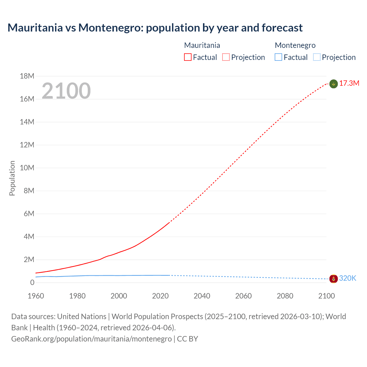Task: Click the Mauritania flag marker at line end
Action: [333, 84]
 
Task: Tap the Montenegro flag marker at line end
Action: [333, 278]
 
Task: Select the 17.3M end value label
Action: [349, 83]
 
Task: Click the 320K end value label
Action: [348, 278]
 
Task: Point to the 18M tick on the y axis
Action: [27, 76]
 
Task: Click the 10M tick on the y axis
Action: [27, 168]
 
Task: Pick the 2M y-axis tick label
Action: [29, 259]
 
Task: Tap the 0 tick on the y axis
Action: [32, 282]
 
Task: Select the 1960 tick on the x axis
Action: [36, 296]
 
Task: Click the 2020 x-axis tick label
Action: [160, 296]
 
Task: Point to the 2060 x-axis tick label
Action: [243, 296]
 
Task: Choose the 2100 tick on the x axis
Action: [326, 296]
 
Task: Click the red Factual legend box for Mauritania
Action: [188, 57]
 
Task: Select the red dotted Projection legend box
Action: [226, 57]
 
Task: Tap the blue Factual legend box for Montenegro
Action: [278, 57]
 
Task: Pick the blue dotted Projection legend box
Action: [317, 57]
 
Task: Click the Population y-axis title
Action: [12, 178]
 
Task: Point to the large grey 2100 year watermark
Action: [66, 91]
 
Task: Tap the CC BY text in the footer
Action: [188, 339]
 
